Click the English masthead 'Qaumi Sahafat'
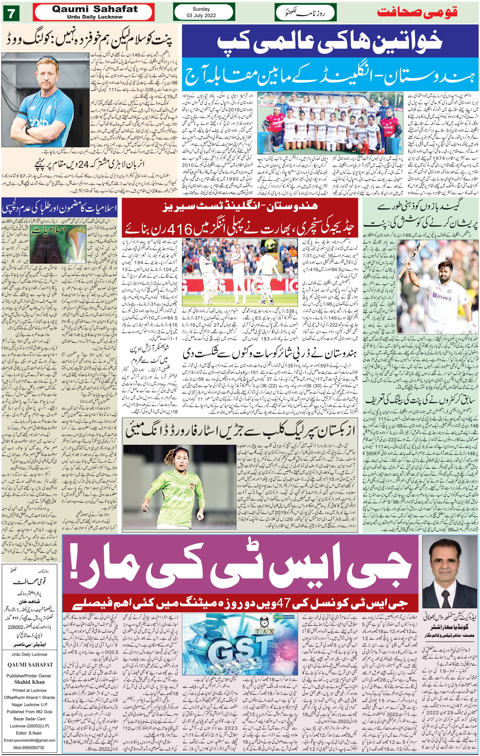click(x=95, y=9)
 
